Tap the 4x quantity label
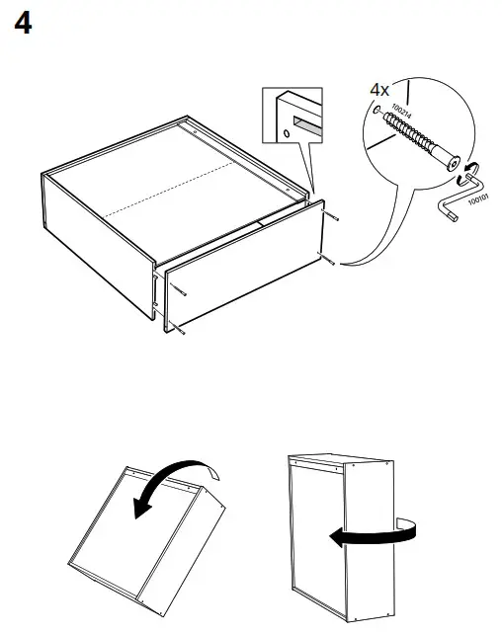click(x=379, y=90)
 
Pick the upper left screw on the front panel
click(x=184, y=289)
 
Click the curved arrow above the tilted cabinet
click(x=178, y=490)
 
